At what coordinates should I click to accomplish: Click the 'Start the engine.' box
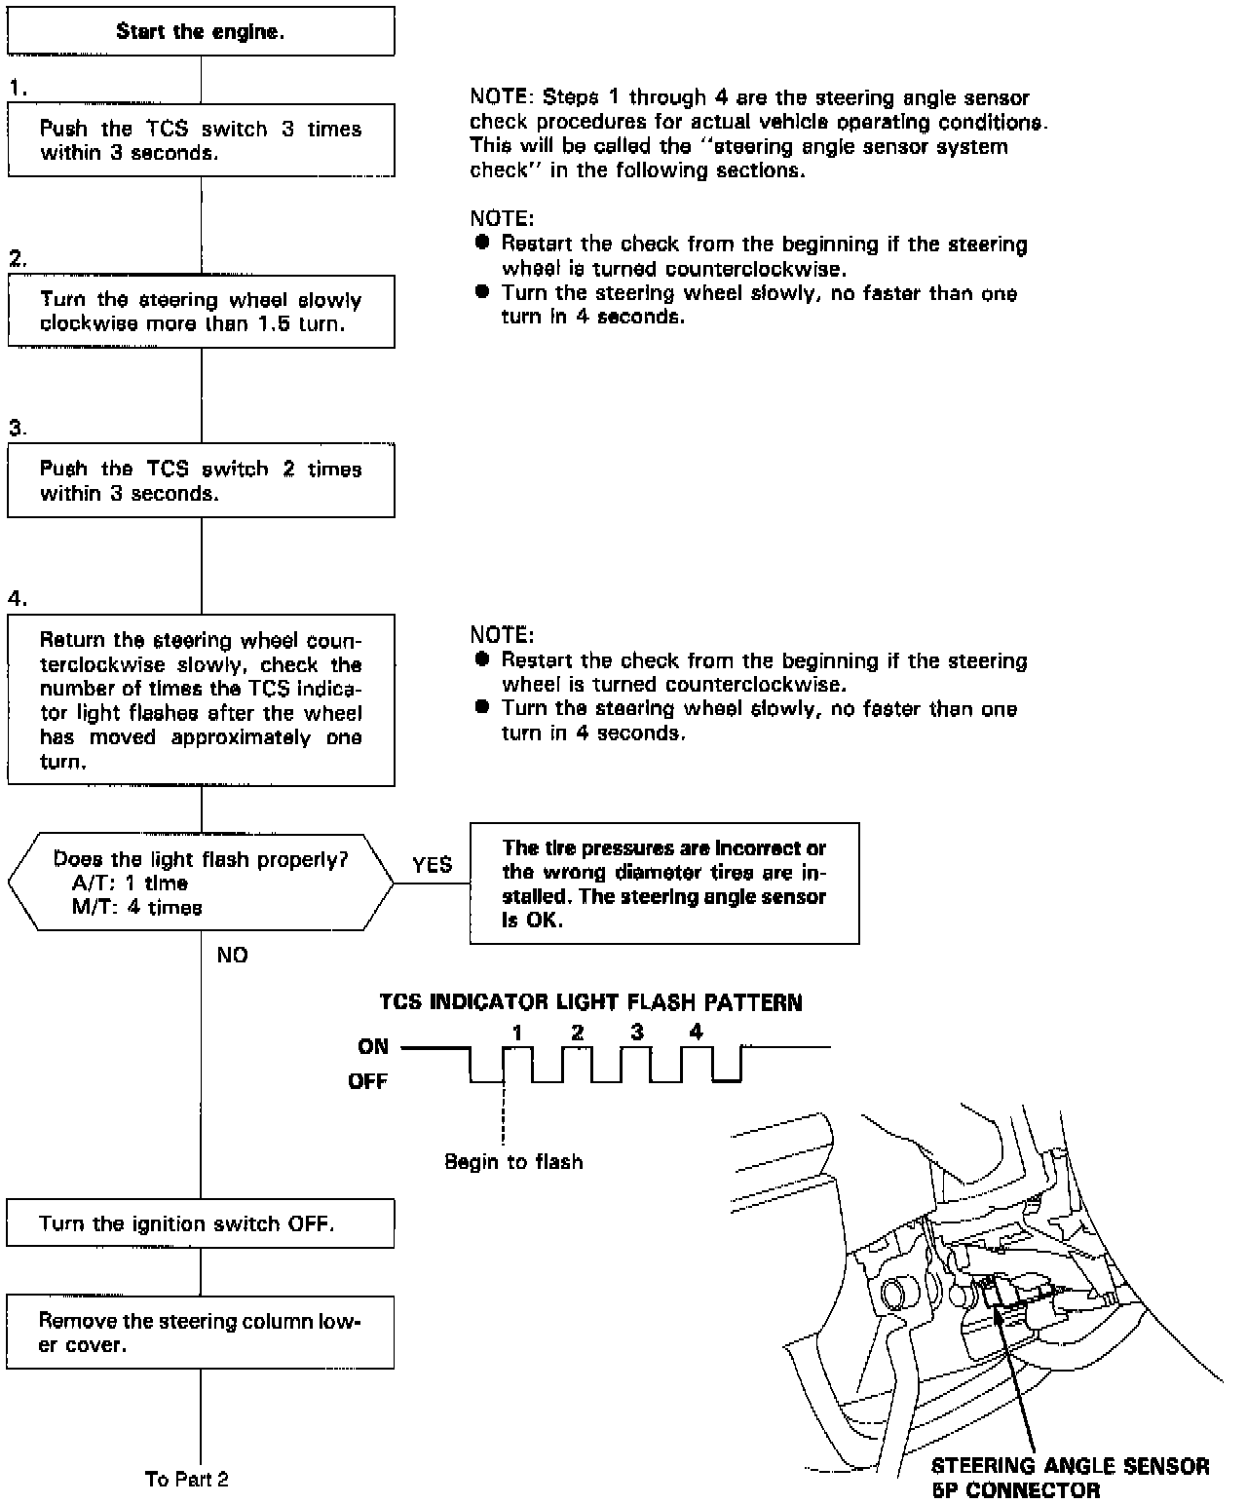click(201, 31)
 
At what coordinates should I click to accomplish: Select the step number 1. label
click(18, 88)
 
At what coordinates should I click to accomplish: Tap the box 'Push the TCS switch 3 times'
click(201, 140)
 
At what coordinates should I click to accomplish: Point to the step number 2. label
click(18, 258)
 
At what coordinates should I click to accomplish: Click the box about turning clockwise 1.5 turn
click(201, 312)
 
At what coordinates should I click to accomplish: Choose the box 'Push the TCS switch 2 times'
click(201, 481)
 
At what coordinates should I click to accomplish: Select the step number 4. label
click(18, 598)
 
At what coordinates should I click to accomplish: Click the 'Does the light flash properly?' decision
click(201, 883)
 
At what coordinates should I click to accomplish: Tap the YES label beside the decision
click(432, 865)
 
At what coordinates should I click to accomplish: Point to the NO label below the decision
click(232, 956)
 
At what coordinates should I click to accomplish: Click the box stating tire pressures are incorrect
click(664, 884)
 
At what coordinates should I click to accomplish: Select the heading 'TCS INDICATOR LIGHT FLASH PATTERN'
click(590, 1002)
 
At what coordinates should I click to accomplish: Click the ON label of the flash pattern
click(373, 1047)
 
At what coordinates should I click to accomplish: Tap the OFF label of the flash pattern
click(368, 1081)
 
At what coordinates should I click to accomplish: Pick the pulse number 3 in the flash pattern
click(636, 1033)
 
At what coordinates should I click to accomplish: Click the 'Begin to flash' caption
click(513, 1162)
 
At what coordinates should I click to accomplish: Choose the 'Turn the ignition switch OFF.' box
click(201, 1223)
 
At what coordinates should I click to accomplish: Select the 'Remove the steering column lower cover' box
click(201, 1333)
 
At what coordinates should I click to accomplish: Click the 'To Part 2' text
click(187, 1479)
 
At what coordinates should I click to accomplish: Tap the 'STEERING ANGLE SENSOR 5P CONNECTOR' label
click(1070, 1478)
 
